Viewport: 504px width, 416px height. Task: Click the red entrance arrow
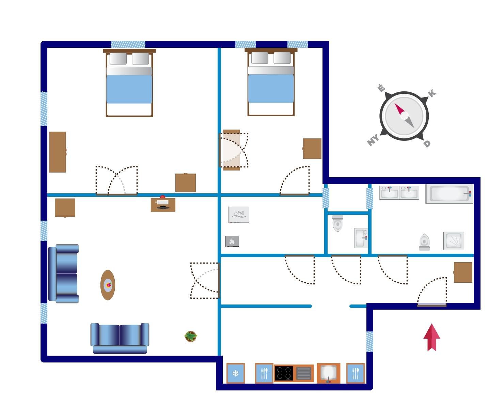431,337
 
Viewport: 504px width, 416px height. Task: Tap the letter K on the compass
432,93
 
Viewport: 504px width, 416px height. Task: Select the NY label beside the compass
373,140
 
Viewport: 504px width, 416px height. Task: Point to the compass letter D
427,144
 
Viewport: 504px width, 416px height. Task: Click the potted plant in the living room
191,336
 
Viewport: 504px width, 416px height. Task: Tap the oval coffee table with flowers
108,285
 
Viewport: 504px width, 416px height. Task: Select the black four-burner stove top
284,373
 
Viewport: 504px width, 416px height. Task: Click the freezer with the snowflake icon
236,373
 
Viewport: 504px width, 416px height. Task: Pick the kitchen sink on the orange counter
328,373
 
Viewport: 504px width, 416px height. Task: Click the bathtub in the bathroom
449,194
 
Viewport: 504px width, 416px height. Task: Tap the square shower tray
454,241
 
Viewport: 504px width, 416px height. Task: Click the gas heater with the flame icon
232,241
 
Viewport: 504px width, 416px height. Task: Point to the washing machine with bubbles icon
239,214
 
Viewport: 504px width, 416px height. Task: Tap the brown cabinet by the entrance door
463,272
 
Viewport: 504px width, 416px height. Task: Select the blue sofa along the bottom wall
120,338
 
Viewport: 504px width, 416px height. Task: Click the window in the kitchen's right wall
370,341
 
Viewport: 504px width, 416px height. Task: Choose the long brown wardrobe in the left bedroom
58,152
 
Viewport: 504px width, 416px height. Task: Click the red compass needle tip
395,104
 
